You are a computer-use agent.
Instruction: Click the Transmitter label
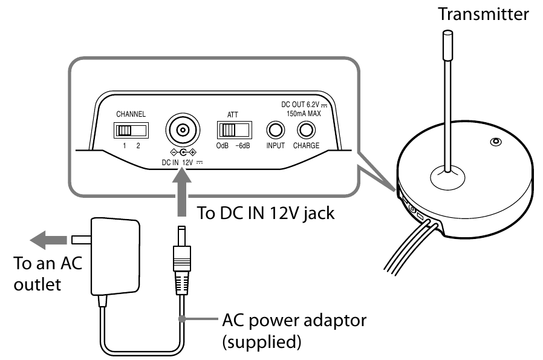pos(483,14)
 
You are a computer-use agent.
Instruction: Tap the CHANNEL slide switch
pos(131,130)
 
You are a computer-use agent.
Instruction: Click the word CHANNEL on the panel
pos(131,114)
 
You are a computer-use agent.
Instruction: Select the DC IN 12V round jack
pos(183,130)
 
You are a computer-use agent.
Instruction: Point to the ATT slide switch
pos(235,130)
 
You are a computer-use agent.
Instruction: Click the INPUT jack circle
pos(276,130)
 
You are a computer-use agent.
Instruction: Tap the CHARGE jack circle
pos(307,130)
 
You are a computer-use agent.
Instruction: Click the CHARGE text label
pos(307,146)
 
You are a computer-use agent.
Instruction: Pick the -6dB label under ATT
pos(242,146)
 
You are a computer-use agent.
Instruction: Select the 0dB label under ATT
pos(223,146)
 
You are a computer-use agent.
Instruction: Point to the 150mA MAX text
pos(304,113)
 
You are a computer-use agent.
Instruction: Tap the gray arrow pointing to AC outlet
pos(48,240)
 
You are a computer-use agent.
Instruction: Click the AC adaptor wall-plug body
pos(115,257)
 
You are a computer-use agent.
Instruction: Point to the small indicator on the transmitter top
pos(496,142)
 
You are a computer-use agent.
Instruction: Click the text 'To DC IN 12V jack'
pos(266,213)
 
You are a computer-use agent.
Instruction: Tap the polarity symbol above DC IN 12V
pos(183,152)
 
